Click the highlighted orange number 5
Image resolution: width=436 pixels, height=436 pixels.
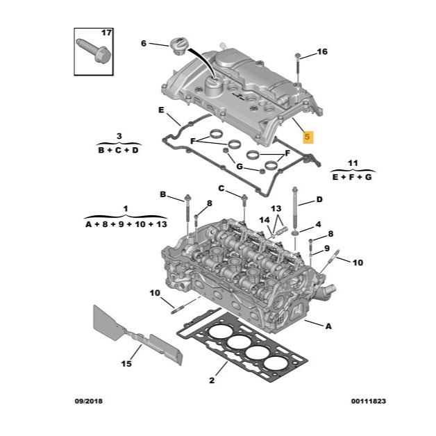tap(308, 137)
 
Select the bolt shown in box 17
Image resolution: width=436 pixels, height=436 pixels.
tap(94, 51)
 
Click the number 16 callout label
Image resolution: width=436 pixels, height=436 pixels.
tap(322, 51)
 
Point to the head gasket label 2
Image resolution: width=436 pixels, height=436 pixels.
tap(212, 380)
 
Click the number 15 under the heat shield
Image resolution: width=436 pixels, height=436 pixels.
tap(126, 363)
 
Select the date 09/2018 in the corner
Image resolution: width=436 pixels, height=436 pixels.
tap(88, 401)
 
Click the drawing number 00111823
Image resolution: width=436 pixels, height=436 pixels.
tap(369, 401)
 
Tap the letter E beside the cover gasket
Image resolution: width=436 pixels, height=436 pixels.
tap(161, 110)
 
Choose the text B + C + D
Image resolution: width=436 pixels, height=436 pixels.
tap(118, 150)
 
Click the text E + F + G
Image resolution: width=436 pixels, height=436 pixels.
tap(352, 177)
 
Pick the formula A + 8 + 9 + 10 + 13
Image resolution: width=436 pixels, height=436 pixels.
tap(126, 224)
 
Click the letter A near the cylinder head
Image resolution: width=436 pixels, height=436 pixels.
tap(328, 326)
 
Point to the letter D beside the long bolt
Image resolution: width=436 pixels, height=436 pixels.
tap(319, 199)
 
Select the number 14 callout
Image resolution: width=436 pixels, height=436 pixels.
tap(265, 220)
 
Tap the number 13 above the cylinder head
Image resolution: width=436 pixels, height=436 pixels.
tap(276, 208)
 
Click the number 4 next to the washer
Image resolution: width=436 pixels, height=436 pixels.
tap(318, 224)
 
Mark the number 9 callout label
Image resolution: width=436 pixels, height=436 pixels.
tap(327, 248)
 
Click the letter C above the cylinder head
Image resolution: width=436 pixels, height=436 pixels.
tap(221, 189)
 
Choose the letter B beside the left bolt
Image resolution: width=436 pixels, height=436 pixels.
tap(163, 194)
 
